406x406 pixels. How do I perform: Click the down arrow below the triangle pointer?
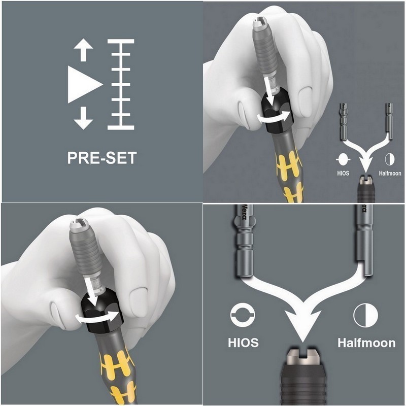point(83,118)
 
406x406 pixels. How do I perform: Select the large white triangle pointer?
point(85,84)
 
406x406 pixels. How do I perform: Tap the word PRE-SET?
point(102,158)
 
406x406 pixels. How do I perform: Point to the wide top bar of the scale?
point(121,41)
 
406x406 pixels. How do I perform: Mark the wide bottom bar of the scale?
point(121,127)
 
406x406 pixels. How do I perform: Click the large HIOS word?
point(243,342)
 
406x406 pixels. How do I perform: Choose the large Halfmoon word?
point(366,342)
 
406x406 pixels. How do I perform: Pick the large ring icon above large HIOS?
point(243,315)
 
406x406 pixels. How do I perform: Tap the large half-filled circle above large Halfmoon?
point(365,315)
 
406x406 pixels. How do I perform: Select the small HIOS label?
point(343,173)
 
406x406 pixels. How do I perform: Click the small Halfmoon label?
point(390,173)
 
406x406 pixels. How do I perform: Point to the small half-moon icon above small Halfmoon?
point(390,159)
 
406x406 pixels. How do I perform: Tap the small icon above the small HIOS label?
point(343,159)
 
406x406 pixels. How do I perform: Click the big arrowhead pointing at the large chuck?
point(302,324)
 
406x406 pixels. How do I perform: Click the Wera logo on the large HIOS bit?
point(244,213)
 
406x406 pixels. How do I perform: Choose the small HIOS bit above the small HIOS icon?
point(344,122)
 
